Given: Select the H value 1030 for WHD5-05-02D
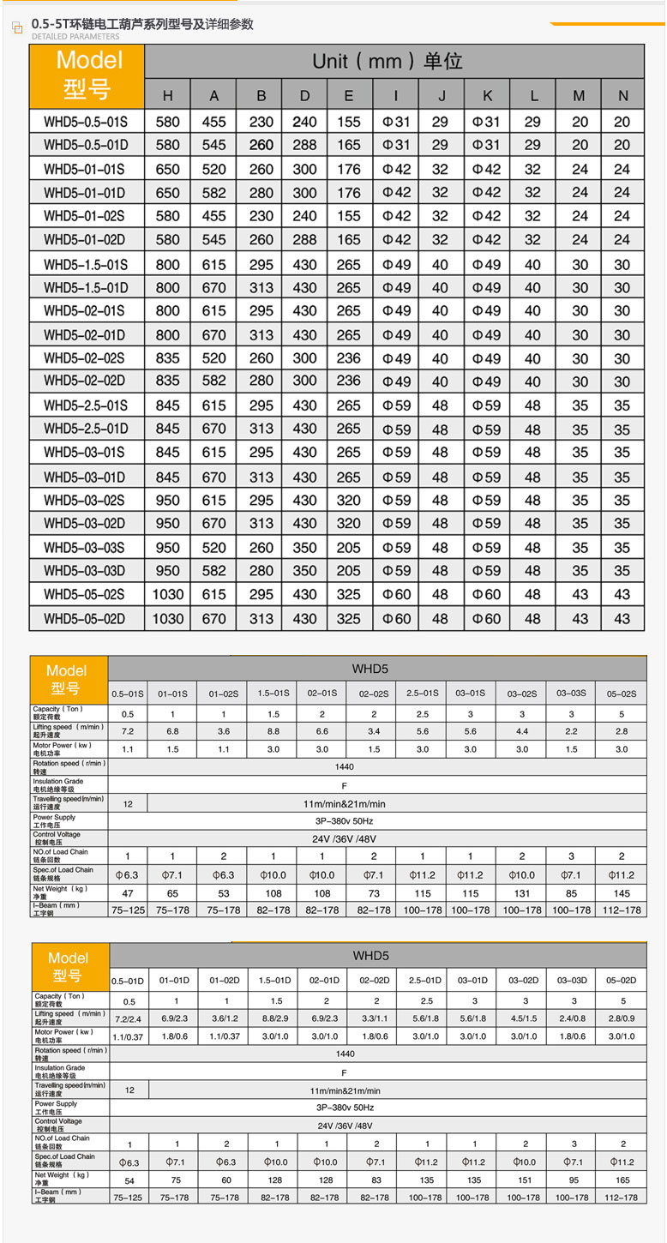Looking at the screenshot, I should coord(168,618).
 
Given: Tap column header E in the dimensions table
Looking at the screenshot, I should coord(348,95).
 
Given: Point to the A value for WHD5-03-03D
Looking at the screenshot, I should coord(214,571).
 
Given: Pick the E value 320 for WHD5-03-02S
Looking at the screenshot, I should coord(348,500).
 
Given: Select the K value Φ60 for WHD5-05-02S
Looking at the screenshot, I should coord(486,594).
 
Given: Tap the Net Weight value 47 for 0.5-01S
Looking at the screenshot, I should coord(129,892).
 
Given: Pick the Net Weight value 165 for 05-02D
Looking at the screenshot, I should coord(623,1180).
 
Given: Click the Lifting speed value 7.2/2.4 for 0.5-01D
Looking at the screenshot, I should coord(130,1018).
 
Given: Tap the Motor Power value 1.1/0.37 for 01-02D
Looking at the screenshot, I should coord(226,1036).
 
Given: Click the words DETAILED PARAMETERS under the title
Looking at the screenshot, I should coord(76,38).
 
